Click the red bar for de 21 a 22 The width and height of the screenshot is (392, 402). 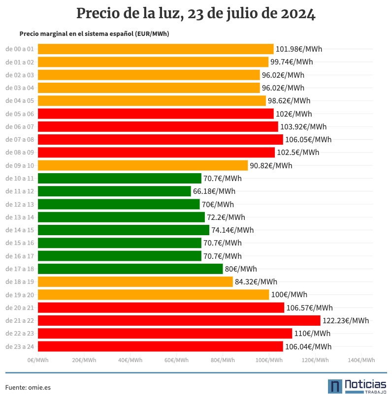pyautogui.click(x=179, y=320)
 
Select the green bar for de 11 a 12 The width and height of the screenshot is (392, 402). pyautogui.click(x=114, y=191)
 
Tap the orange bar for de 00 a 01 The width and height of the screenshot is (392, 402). pyautogui.click(x=156, y=49)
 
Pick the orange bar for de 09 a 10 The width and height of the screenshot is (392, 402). pyautogui.click(x=143, y=165)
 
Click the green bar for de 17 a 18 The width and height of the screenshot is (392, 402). pyautogui.click(x=130, y=269)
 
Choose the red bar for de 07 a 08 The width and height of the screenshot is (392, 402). pyautogui.click(x=161, y=139)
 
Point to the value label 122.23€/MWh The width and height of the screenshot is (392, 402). pyautogui.click(x=346, y=320)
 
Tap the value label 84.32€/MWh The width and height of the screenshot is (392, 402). pyautogui.click(x=256, y=281)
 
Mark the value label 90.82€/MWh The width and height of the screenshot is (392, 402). pyautogui.click(x=271, y=165)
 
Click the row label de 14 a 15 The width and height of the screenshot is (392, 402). pyautogui.click(x=20, y=230)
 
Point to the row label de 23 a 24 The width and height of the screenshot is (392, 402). pyautogui.click(x=20, y=346)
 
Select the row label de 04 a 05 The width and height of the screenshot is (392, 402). pyautogui.click(x=20, y=100)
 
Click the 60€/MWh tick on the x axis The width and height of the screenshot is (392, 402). pyautogui.click(x=176, y=360)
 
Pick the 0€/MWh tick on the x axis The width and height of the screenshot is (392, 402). pyautogui.click(x=38, y=360)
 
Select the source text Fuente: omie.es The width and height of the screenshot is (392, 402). pyautogui.click(x=28, y=387)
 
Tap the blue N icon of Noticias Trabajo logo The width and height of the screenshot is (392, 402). pyautogui.click(x=335, y=386)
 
